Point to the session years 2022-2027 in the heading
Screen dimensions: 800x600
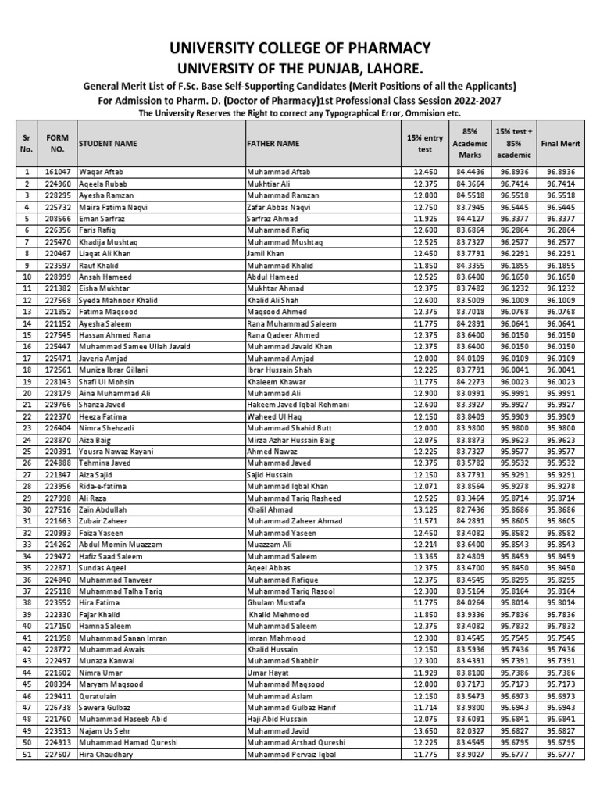tap(470, 101)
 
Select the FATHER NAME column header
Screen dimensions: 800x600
tap(273, 144)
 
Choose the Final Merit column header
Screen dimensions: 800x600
tap(560, 144)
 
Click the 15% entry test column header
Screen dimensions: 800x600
tap(424, 144)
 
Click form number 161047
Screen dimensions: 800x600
tap(58, 171)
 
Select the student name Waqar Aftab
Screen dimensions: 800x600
tap(101, 171)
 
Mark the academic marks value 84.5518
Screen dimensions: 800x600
tap(470, 195)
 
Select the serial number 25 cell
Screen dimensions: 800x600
tap(27, 452)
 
